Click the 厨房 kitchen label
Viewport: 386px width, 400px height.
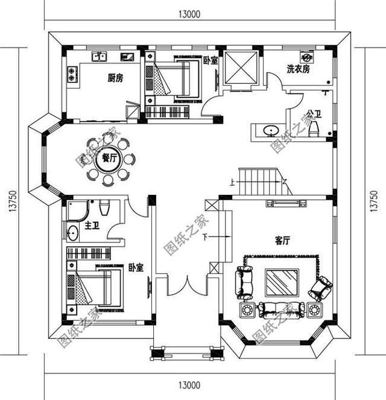pyautogui.click(x=115, y=78)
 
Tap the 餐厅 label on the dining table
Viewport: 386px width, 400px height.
pyautogui.click(x=109, y=158)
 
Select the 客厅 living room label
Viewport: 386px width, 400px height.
pyautogui.click(x=282, y=240)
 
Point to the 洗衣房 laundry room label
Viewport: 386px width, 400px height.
pyautogui.click(x=299, y=69)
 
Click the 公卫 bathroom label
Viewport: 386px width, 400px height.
pyautogui.click(x=314, y=113)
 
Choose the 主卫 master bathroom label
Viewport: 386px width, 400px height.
pyautogui.click(x=92, y=226)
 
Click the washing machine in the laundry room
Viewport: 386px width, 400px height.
pyautogui.click(x=307, y=57)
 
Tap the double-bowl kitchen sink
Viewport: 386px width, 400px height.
pyautogui.click(x=100, y=57)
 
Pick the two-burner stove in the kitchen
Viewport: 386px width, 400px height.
pyautogui.click(x=72, y=74)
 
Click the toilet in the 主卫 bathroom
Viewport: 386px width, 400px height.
pyautogui.click(x=104, y=208)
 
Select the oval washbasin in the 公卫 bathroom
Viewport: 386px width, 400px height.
pyautogui.click(x=271, y=131)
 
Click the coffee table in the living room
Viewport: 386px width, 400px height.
pyautogui.click(x=282, y=282)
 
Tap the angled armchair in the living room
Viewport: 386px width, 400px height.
pyautogui.click(x=320, y=288)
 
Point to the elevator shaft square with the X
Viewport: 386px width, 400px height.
pyautogui.click(x=241, y=68)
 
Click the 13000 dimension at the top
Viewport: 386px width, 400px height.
pyautogui.click(x=189, y=14)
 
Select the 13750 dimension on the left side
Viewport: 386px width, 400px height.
pyautogui.click(x=13, y=200)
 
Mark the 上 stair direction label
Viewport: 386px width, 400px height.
pyautogui.click(x=232, y=183)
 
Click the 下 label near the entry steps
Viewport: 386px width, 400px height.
pyautogui.click(x=205, y=238)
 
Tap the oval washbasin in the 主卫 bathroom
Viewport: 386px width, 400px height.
pyautogui.click(x=73, y=233)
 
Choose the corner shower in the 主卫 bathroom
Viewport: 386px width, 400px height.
pyautogui.click(x=78, y=211)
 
